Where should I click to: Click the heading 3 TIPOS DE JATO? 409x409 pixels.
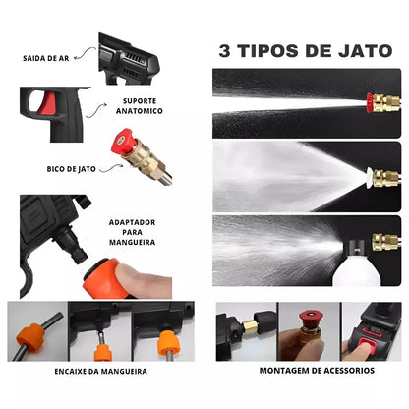click(x=306, y=51)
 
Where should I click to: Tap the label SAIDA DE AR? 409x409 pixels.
click(x=46, y=59)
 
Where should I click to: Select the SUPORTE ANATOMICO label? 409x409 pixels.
click(x=140, y=106)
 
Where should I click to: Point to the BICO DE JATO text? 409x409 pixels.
click(x=71, y=169)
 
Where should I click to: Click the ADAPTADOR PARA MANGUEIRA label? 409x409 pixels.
click(x=132, y=232)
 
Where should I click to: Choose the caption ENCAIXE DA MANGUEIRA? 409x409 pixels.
click(x=100, y=372)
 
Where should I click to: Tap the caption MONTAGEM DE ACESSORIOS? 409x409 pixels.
click(x=317, y=371)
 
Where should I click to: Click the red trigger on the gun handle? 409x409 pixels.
click(x=47, y=102)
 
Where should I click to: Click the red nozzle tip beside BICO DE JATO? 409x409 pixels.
click(x=121, y=141)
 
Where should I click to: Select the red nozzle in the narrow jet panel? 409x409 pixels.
click(x=370, y=103)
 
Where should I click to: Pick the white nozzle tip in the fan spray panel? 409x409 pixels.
click(x=369, y=177)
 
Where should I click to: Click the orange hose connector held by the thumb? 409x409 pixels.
click(x=101, y=279)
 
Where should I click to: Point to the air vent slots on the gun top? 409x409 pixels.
click(x=134, y=59)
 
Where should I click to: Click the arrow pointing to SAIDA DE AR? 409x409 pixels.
click(x=85, y=53)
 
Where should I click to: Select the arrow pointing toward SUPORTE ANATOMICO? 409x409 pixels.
click(x=96, y=110)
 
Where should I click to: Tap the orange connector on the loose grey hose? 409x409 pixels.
click(x=31, y=337)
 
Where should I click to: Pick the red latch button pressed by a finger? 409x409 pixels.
click(x=367, y=347)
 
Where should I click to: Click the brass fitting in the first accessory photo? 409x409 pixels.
click(x=250, y=327)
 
